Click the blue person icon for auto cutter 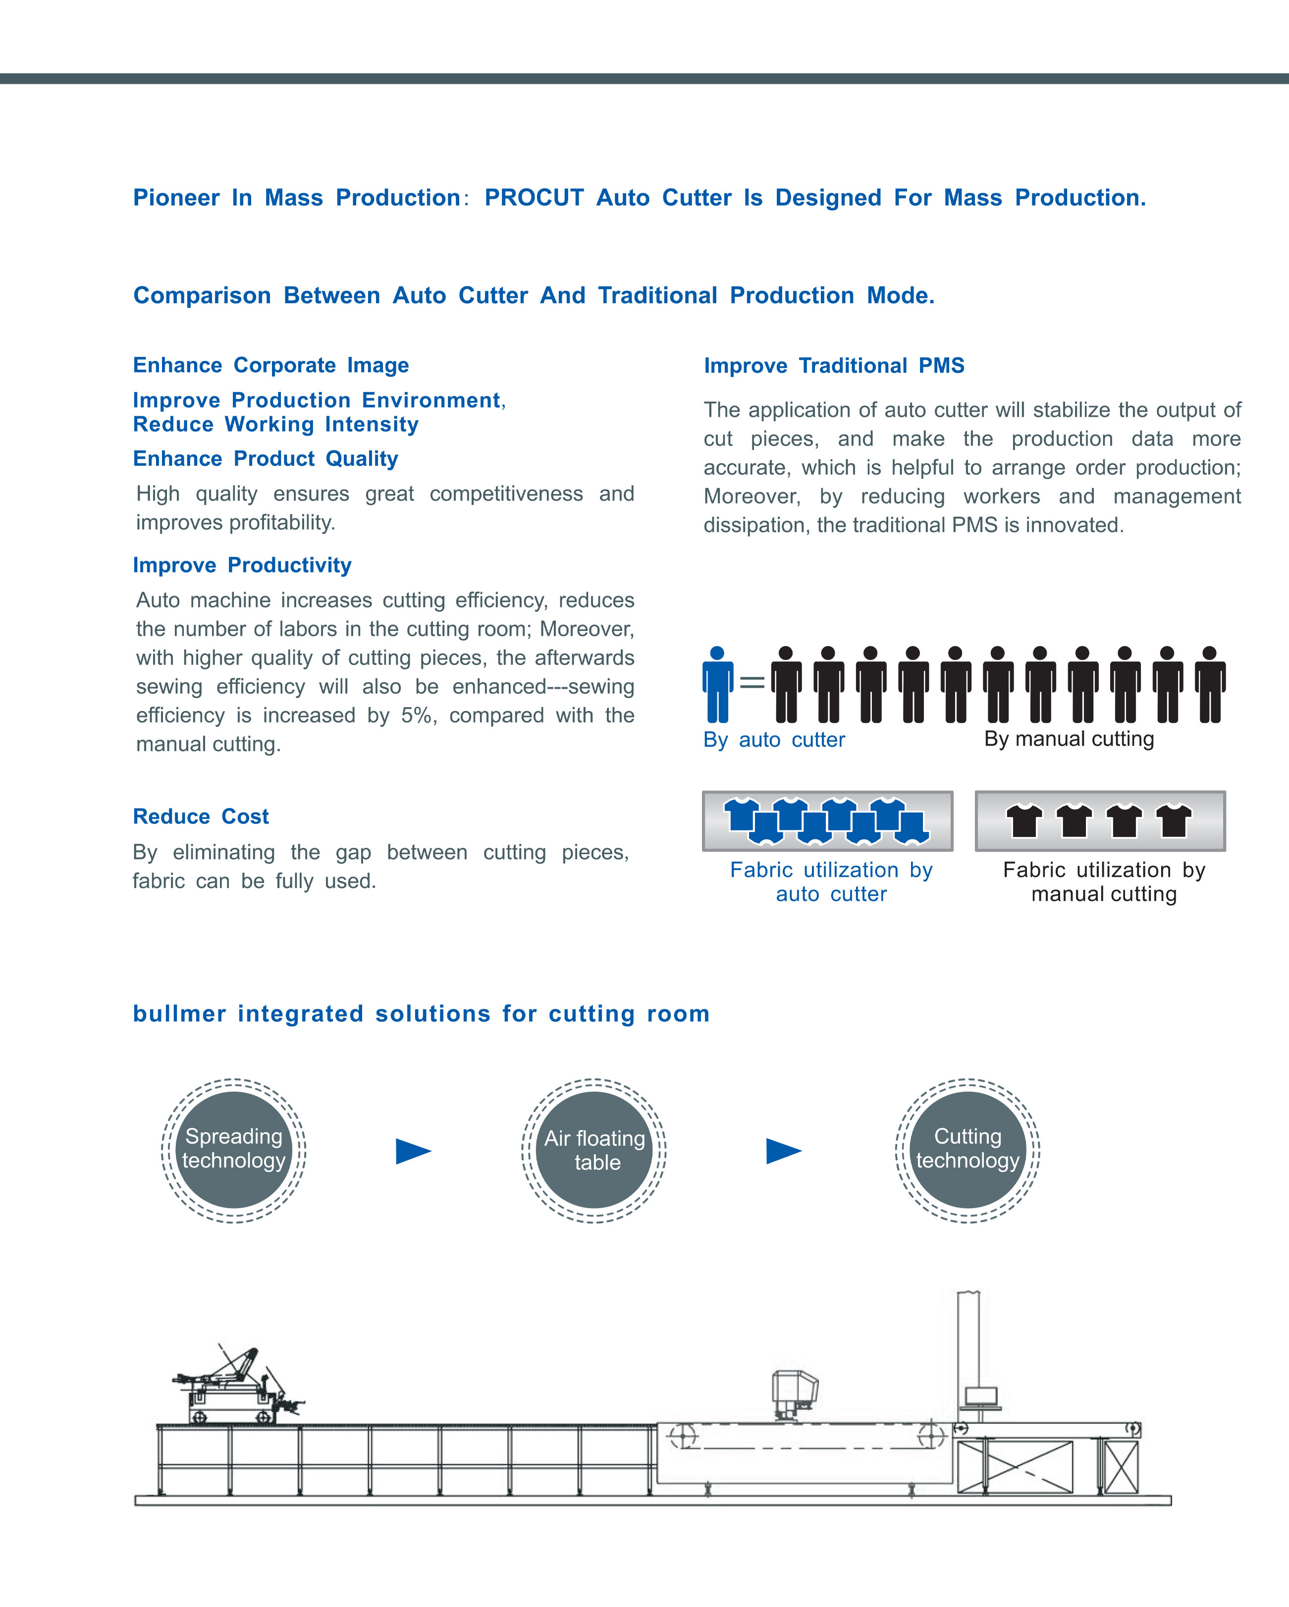click(717, 684)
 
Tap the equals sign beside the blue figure click(752, 681)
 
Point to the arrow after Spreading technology click(413, 1151)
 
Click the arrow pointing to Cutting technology click(783, 1151)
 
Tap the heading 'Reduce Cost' click(201, 816)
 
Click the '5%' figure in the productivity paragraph click(417, 716)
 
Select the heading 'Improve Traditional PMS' click(834, 365)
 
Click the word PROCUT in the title click(534, 198)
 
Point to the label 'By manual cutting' click(1069, 739)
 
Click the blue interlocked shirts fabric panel click(827, 821)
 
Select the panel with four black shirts click(1100, 821)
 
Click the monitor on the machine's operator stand click(980, 1395)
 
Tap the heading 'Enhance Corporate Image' click(270, 365)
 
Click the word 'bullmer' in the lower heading click(179, 1014)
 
